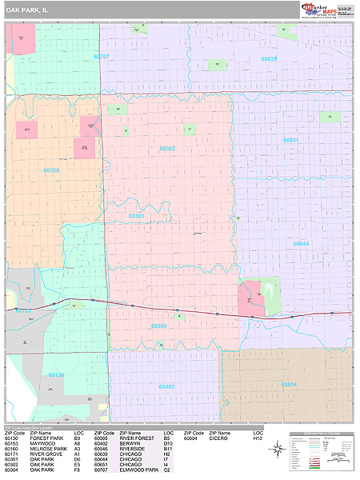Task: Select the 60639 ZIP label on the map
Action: point(269,58)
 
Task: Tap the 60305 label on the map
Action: point(51,170)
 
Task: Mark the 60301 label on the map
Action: point(137,215)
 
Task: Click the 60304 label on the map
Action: point(158,326)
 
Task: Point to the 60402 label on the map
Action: point(167,386)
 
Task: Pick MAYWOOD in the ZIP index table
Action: point(42,444)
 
